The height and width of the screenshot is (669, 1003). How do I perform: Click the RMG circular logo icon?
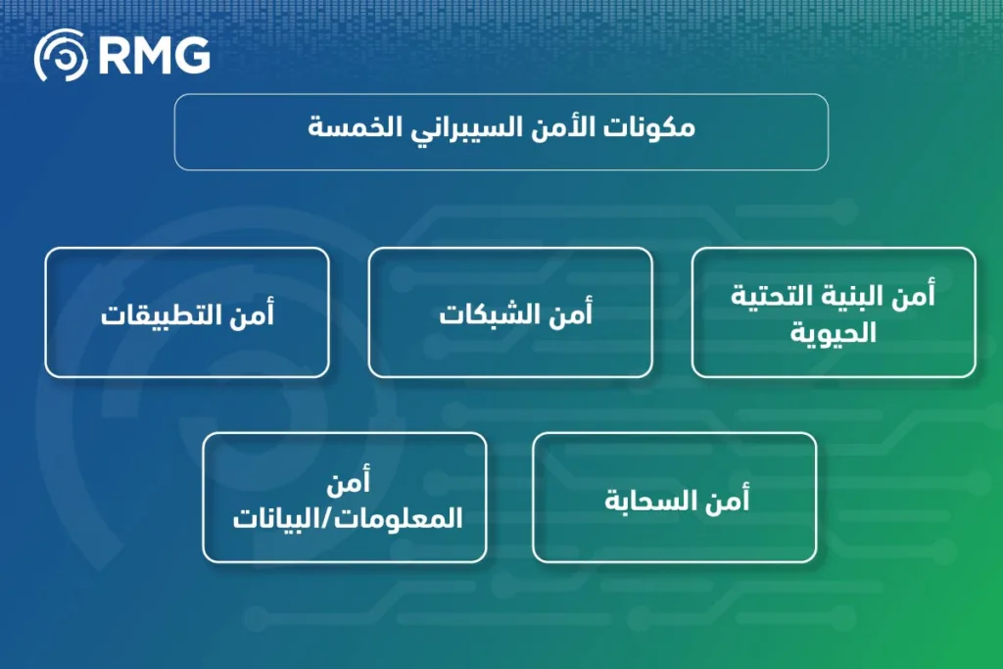click(x=61, y=56)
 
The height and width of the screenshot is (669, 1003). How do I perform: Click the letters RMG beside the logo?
click(x=154, y=57)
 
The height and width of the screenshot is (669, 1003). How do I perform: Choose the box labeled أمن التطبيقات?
click(x=187, y=312)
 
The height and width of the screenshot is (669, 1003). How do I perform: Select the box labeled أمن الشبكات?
click(x=510, y=312)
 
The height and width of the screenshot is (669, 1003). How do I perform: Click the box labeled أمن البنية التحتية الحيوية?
click(x=834, y=312)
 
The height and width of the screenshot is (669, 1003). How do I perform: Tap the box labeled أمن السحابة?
click(x=674, y=498)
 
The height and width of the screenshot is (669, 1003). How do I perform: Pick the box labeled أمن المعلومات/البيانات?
click(x=345, y=498)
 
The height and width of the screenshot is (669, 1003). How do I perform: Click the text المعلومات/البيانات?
click(x=347, y=517)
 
